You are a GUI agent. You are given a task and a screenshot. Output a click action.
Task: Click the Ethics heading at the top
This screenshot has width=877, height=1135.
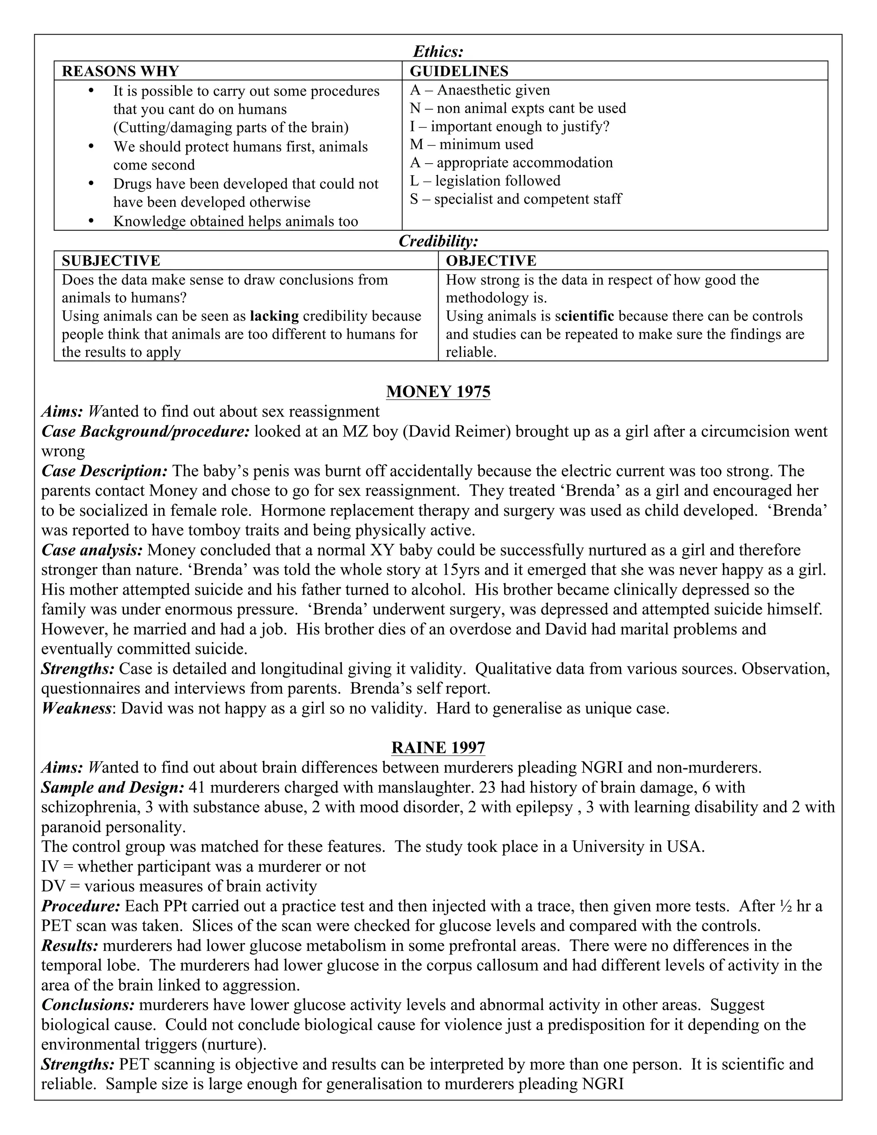tap(438, 51)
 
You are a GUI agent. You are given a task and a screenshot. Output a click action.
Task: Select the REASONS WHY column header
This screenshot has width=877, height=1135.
tap(120, 71)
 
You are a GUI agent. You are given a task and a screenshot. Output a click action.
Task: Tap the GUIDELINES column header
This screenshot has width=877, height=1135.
tap(459, 71)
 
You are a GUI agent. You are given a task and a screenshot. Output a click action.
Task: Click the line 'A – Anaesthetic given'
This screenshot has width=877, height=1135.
tap(480, 90)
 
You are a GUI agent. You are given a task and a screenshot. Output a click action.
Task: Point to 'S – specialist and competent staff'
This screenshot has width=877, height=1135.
tap(516, 199)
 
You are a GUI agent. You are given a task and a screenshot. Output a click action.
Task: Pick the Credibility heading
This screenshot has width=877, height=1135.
tap(438, 241)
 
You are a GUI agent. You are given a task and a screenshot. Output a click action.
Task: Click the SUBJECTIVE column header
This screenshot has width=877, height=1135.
tap(110, 260)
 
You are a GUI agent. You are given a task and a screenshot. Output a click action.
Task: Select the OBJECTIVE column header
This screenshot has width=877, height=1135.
tap(491, 260)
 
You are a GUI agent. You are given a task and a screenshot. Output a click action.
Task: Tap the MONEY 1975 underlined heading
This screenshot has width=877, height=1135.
tap(438, 392)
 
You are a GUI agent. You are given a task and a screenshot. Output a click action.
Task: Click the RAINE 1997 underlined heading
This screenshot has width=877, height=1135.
tap(438, 748)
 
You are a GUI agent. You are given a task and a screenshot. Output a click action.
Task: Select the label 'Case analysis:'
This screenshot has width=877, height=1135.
tap(92, 550)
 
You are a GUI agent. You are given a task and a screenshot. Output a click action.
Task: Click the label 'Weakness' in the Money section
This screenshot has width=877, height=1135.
tap(76, 708)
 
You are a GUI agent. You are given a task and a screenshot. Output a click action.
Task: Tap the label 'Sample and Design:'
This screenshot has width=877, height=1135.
tap(113, 787)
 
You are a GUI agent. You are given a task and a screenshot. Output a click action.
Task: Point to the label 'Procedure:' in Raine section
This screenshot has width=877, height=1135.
tap(81, 906)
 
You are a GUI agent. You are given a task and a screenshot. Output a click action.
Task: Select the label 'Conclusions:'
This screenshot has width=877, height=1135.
tap(88, 1004)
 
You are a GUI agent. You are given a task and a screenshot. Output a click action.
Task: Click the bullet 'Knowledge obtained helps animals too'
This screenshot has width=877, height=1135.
tap(236, 221)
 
